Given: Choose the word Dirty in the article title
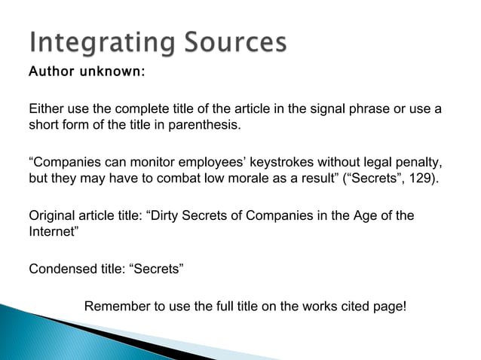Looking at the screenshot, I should pyautogui.click(x=167, y=215).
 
